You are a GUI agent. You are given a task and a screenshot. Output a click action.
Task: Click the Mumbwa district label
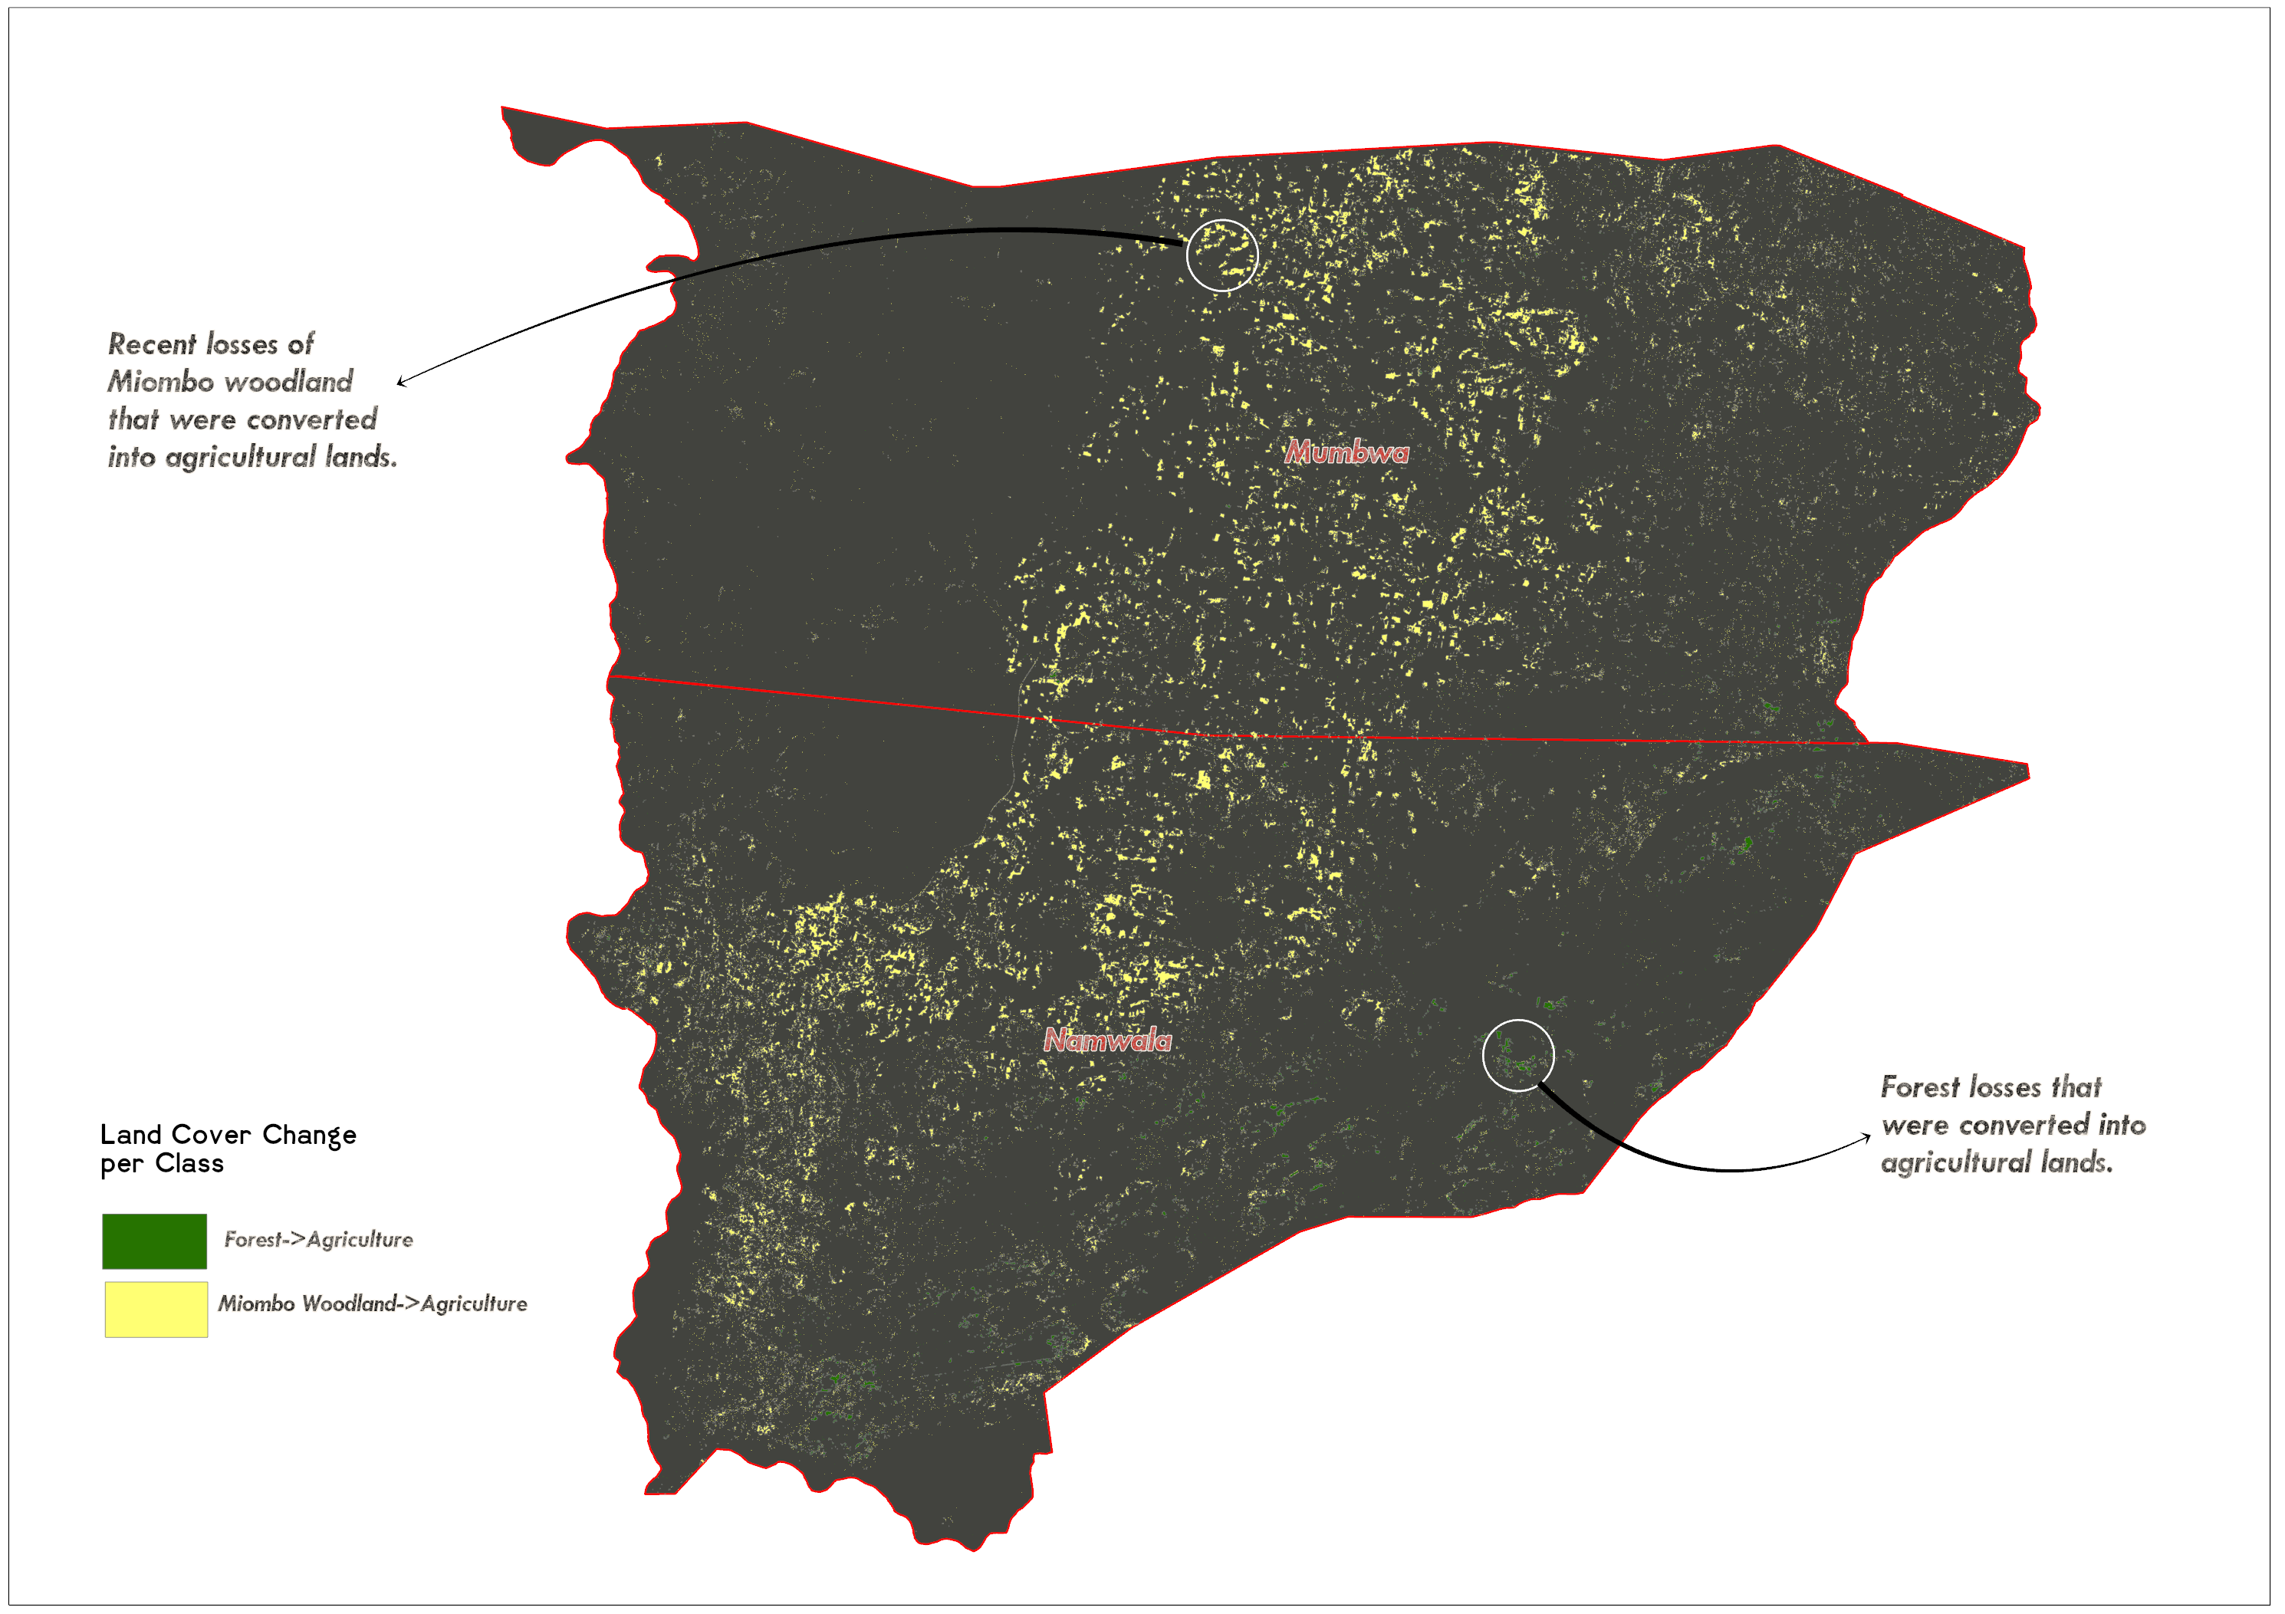tap(1346, 452)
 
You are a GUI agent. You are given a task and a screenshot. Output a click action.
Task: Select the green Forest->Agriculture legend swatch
tap(154, 1241)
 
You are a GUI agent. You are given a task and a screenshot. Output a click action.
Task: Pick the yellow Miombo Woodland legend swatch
tap(156, 1309)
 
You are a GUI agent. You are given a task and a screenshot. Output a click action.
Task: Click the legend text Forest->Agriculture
tap(318, 1240)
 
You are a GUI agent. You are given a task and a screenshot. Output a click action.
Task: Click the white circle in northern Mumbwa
tap(1222, 256)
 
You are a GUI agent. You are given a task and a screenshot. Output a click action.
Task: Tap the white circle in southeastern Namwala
tap(1517, 1055)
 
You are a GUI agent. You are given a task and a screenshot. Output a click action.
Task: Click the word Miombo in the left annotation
tap(159, 382)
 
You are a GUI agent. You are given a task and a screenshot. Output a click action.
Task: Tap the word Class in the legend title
tap(189, 1163)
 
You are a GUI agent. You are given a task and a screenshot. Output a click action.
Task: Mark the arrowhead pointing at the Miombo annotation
tap(400, 381)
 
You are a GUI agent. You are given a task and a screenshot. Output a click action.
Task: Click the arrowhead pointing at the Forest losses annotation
tap(1867, 1136)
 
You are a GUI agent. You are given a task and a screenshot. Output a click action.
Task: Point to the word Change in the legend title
tap(310, 1134)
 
